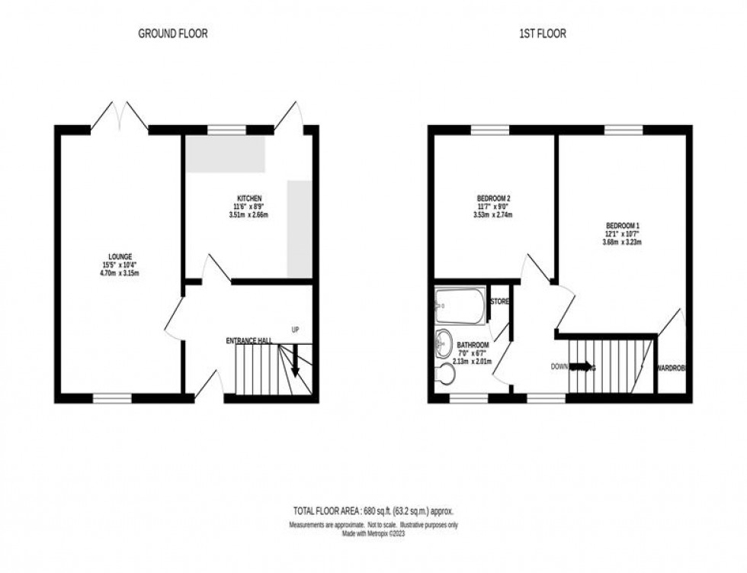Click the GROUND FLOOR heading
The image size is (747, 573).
(x=172, y=34)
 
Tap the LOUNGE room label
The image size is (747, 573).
(x=120, y=256)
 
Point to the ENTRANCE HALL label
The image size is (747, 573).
(x=248, y=340)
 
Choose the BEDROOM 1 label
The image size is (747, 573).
(x=622, y=226)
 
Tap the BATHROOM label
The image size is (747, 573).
(x=473, y=345)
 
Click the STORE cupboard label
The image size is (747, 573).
(x=500, y=302)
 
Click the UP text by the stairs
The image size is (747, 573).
(x=294, y=330)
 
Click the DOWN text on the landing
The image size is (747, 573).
(x=560, y=367)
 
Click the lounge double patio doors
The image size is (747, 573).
(x=119, y=116)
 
